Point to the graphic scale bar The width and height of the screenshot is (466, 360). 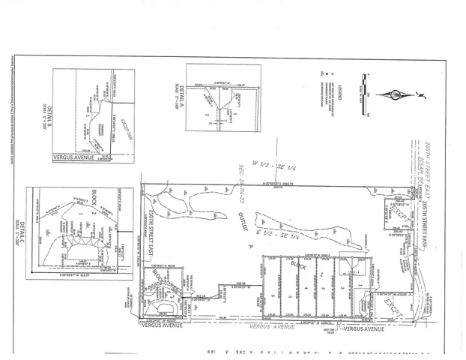point(365,94)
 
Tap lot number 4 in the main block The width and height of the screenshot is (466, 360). point(307,287)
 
